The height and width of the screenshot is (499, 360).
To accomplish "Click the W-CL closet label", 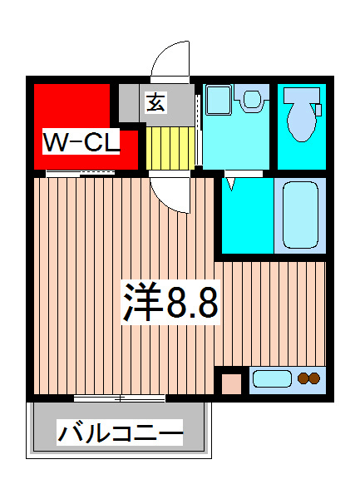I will [x=81, y=142].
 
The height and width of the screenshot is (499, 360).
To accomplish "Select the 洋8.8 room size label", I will [x=170, y=304].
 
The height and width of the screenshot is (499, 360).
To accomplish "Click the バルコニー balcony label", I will [x=120, y=433].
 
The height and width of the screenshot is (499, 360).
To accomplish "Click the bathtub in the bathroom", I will [x=300, y=216].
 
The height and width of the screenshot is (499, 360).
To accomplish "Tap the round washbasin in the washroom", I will [x=249, y=100].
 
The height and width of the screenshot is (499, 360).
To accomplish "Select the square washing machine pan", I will [x=217, y=100].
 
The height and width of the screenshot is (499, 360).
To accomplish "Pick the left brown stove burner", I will [x=303, y=380].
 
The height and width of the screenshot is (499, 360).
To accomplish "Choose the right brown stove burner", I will [x=315, y=380].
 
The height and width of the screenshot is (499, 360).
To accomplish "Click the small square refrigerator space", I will [x=229, y=383].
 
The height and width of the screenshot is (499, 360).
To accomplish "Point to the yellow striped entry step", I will [x=170, y=146].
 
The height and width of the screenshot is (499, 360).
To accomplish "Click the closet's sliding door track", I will [x=80, y=174].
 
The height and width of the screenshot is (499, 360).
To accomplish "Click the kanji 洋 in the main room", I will [x=141, y=304].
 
